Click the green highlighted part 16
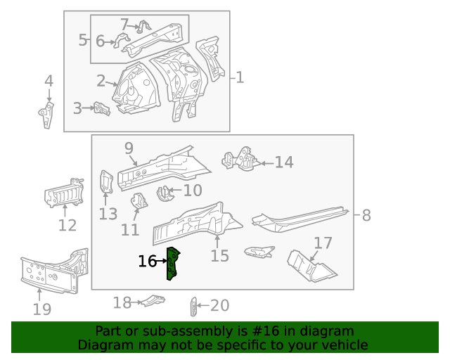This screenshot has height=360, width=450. click(172, 263)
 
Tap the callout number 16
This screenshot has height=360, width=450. click(147, 262)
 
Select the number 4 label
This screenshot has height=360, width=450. click(49, 81)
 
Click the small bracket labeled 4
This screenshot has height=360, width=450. click(47, 115)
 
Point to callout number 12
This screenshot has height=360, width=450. click(67, 226)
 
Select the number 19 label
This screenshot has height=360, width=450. click(42, 309)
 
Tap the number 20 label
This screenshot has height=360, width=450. click(220, 305)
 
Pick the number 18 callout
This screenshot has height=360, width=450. click(122, 303)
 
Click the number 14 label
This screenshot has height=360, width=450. click(283, 162)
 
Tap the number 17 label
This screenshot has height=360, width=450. click(323, 243)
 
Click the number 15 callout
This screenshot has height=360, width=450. click(219, 255)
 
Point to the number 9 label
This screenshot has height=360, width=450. click(129, 148)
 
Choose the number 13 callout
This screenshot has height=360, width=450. click(108, 214)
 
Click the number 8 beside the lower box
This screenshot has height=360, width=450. click(366, 216)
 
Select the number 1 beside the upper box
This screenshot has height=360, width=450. click(240, 77)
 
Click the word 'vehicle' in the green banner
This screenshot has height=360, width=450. click(344, 345)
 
